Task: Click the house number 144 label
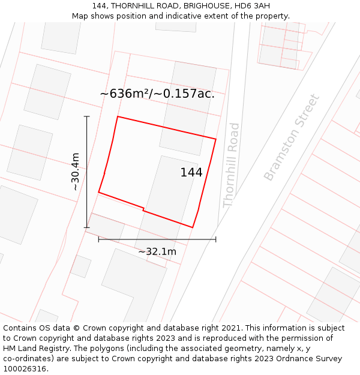point(191,173)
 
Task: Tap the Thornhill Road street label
point(232,165)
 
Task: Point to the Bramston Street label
point(292,137)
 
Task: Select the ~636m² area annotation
point(157,94)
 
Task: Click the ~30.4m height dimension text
point(76,172)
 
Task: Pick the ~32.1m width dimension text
point(157,251)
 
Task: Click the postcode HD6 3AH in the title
point(254,6)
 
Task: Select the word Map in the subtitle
point(80,16)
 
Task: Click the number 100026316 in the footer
point(25,368)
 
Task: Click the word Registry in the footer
point(73,349)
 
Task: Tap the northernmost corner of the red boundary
point(118,116)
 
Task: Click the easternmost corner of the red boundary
point(215,139)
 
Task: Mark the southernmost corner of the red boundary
point(192,227)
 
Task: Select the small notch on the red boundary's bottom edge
point(143,209)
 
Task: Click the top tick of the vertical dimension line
point(87,116)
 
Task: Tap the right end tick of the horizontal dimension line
point(215,239)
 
